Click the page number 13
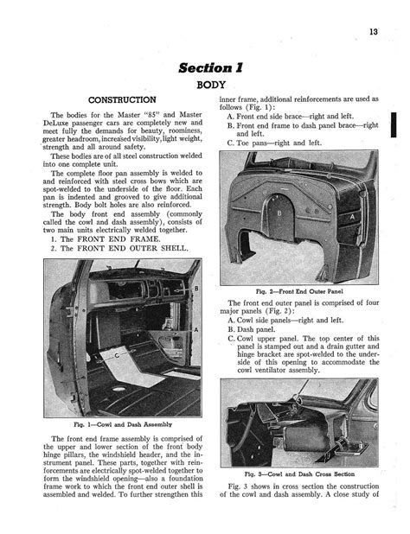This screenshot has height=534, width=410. [373, 32]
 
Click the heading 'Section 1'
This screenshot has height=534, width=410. [210, 67]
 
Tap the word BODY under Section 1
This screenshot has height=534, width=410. [211, 85]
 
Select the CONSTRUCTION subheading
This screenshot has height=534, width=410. [122, 100]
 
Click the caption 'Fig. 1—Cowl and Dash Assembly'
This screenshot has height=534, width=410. [123, 424]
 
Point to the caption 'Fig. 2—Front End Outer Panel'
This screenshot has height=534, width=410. [299, 291]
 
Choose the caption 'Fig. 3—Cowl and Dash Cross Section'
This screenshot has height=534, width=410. [299, 474]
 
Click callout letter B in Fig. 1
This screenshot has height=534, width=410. [196, 289]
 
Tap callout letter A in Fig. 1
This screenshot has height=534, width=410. [196, 330]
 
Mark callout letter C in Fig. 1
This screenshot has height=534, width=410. [117, 355]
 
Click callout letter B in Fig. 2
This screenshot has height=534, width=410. [279, 213]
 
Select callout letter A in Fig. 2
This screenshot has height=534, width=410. [352, 217]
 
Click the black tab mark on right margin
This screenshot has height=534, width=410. [394, 124]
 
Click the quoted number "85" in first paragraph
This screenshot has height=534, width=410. [153, 115]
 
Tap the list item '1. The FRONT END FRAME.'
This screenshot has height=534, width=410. [106, 239]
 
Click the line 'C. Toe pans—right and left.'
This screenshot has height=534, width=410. [274, 143]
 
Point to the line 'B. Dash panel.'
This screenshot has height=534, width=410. [251, 329]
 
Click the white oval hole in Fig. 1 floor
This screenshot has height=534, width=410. [118, 389]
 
